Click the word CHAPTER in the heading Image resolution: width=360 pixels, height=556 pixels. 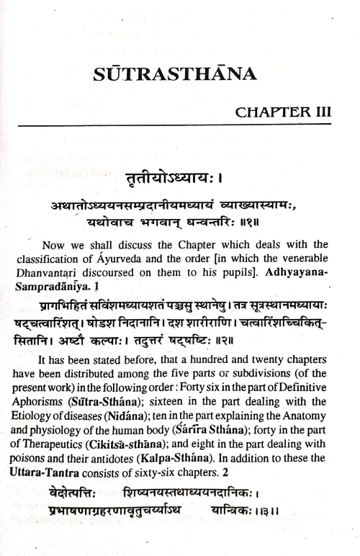[x=271, y=113]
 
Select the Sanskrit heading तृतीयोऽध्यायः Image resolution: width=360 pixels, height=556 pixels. [x=180, y=177]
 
